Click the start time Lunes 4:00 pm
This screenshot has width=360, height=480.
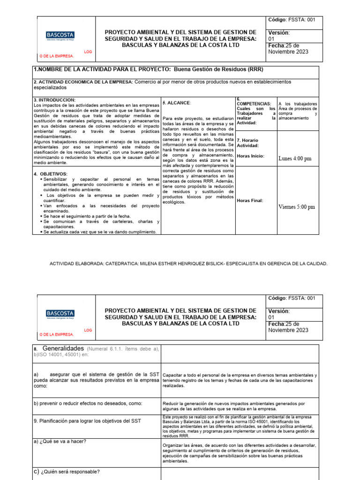coord(295,158)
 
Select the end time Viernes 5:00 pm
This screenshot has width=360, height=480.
coord(297,206)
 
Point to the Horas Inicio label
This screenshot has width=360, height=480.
coord(251,156)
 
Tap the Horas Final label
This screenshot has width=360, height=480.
coord(250,200)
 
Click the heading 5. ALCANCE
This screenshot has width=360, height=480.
coord(177,102)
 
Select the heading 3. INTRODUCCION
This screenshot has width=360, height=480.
coord(54,100)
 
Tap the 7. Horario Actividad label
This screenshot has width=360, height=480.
coord(247,143)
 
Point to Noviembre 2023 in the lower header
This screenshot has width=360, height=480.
coord(288,330)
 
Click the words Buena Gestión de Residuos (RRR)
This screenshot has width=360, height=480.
coord(218,69)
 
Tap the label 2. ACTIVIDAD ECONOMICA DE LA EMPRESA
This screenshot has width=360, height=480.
coord(83,82)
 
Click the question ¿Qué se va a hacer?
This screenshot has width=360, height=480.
coord(63,441)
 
